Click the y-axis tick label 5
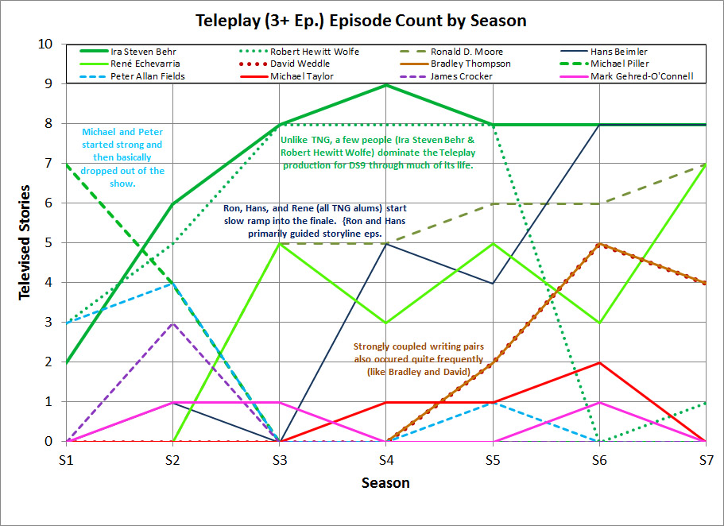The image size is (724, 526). (49, 243)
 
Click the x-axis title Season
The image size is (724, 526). (386, 482)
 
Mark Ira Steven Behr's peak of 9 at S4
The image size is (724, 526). (385, 85)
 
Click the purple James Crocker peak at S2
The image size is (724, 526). (172, 323)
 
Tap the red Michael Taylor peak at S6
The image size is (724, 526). (598, 362)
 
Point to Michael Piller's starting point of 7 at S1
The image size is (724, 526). (66, 164)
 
